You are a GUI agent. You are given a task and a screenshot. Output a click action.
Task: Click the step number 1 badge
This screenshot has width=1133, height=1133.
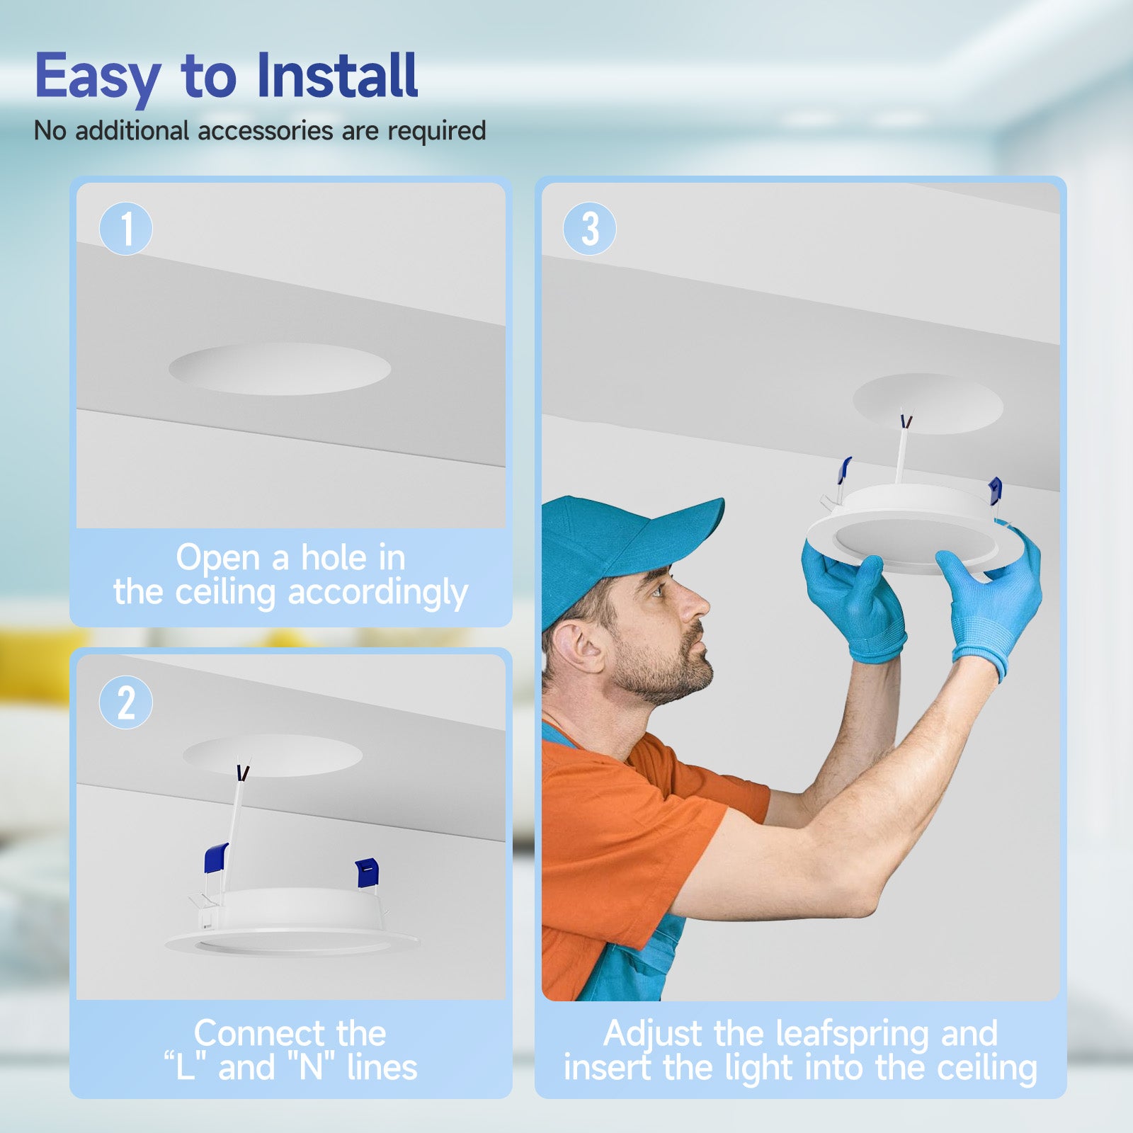pos(126,229)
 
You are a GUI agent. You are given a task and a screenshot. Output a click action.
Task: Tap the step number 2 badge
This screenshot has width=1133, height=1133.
pos(126,702)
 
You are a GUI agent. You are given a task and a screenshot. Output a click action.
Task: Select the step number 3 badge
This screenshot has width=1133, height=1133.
pos(590,229)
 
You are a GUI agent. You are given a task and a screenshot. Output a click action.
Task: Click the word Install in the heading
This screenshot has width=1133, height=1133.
pos(337,75)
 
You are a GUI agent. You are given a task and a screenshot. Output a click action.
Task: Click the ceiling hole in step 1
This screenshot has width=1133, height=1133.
pos(280,369)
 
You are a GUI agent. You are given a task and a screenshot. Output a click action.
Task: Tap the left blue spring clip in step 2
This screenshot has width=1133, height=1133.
pos(216,858)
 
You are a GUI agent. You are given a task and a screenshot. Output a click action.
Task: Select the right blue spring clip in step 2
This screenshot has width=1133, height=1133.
pos(367,872)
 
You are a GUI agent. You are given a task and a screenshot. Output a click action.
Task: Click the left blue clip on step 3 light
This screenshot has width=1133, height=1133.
pos(844,470)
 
